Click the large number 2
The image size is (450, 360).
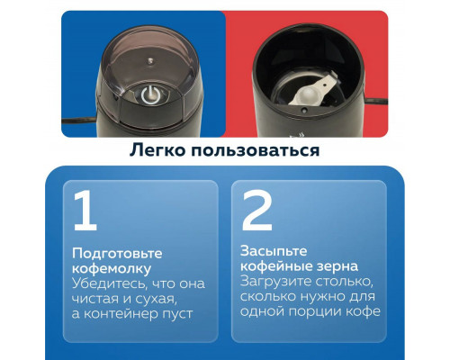point(257,211)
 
